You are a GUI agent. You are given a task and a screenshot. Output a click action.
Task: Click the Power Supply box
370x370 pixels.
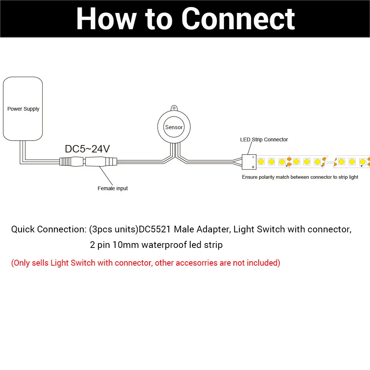(x=23, y=109)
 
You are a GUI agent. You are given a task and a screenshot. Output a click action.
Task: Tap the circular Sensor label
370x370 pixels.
(x=174, y=127)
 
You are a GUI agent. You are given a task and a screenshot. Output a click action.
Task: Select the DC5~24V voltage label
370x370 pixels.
(x=87, y=149)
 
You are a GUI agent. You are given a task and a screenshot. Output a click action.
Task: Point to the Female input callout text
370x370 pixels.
(x=112, y=188)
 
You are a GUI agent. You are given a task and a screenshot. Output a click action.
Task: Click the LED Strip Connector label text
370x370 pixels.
(x=264, y=139)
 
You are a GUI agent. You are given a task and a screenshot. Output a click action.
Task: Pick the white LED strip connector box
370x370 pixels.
(x=249, y=162)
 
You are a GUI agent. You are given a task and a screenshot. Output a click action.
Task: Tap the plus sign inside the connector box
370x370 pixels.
(x=253, y=167)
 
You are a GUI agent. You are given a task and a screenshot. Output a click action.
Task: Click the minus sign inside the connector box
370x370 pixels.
(x=253, y=157)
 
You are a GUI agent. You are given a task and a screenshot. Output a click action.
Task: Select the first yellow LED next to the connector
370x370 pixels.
(x=261, y=162)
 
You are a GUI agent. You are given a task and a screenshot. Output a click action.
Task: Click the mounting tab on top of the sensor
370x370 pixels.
(x=174, y=108)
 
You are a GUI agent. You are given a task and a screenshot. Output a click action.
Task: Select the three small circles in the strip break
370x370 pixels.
(x=330, y=162)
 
